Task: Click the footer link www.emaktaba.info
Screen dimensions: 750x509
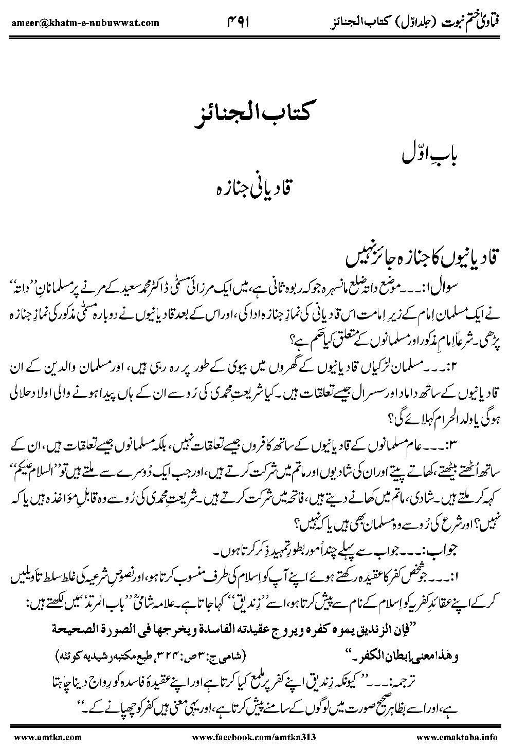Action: (457, 737)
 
